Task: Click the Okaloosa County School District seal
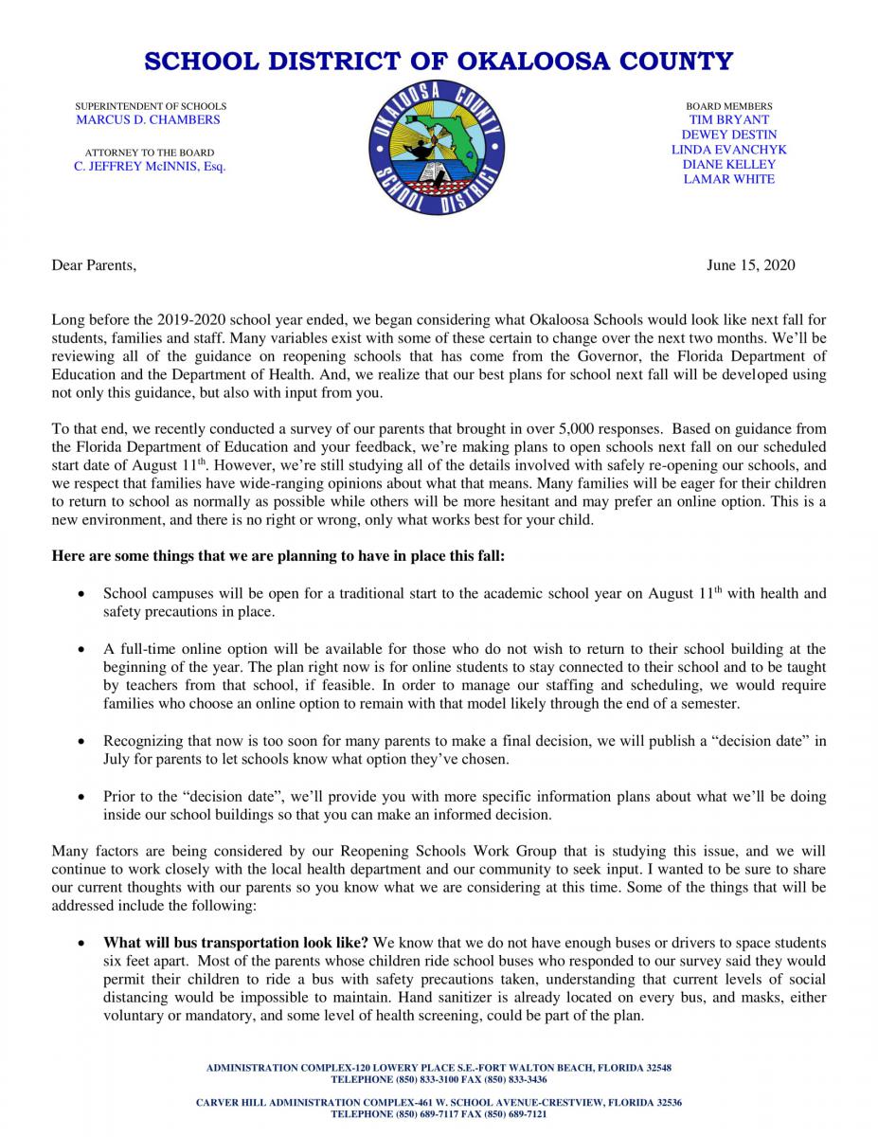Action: pyautogui.click(x=438, y=148)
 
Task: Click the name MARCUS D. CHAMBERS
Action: pyautogui.click(x=148, y=120)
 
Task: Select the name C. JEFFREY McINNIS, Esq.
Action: pyautogui.click(x=150, y=166)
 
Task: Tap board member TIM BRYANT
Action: pyautogui.click(x=728, y=120)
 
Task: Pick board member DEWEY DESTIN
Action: pyautogui.click(x=728, y=135)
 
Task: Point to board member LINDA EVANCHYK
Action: pyautogui.click(x=728, y=150)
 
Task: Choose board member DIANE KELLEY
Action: pyautogui.click(x=728, y=164)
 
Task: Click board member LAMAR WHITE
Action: pyautogui.click(x=728, y=179)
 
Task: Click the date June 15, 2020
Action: pyautogui.click(x=750, y=264)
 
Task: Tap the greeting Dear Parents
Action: pyautogui.click(x=94, y=264)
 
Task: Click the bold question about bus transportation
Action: pyautogui.click(x=237, y=943)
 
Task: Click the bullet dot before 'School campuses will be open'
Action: pyautogui.click(x=83, y=595)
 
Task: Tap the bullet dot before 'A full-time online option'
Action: pyautogui.click(x=83, y=650)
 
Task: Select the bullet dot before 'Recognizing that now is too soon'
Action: pyautogui.click(x=83, y=741)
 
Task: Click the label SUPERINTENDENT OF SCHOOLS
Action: pyautogui.click(x=151, y=106)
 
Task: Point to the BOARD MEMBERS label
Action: pyautogui.click(x=729, y=106)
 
